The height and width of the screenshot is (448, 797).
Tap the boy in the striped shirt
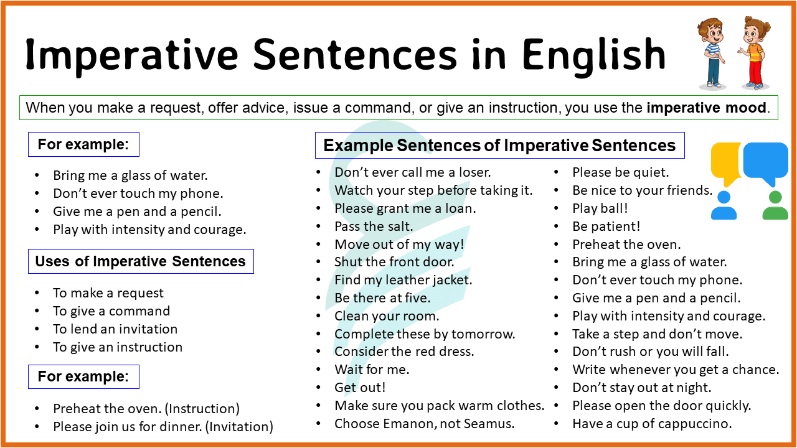(710, 53)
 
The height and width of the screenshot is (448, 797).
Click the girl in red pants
(752, 53)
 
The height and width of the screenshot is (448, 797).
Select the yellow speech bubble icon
(726, 162)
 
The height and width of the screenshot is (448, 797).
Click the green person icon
(775, 206)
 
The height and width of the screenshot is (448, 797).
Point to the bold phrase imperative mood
(706, 108)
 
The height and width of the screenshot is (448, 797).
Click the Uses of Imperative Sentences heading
(140, 261)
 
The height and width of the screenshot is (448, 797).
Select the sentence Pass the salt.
(374, 226)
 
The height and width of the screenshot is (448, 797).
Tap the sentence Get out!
(360, 388)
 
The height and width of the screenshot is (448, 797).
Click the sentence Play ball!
(600, 208)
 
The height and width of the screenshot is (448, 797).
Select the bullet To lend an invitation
(115, 329)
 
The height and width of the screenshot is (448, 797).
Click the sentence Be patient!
(606, 226)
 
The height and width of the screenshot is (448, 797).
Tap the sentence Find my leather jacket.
(403, 280)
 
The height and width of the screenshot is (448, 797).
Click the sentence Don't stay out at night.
(641, 388)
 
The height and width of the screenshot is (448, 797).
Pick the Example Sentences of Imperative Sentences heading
(499, 146)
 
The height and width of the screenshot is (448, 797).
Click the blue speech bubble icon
(766, 162)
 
